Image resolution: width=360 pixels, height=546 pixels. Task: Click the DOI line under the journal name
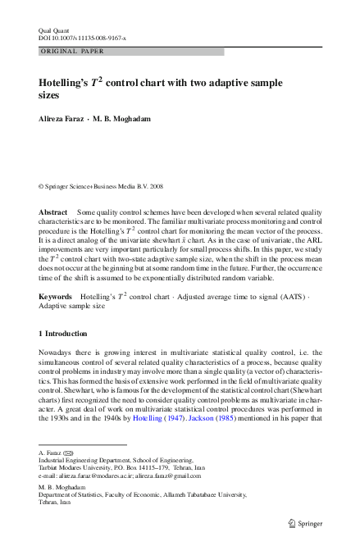coord(82,37)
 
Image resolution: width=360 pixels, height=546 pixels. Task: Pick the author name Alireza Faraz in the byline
coord(62,120)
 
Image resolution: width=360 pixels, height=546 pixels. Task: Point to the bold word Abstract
coord(53,212)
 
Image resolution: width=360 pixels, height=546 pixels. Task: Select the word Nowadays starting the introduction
coord(57,353)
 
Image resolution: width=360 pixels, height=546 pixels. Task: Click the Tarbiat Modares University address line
coord(114,468)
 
